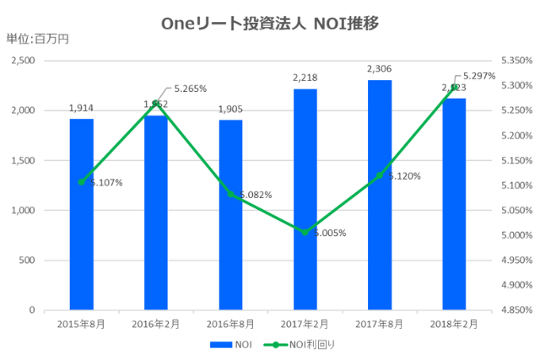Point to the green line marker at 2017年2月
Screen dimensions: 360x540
[305, 232]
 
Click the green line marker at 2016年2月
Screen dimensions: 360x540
[156, 103]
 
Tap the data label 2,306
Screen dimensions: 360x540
[380, 69]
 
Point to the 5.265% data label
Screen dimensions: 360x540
[190, 89]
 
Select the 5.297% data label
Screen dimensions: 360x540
[480, 76]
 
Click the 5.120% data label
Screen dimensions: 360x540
[404, 176]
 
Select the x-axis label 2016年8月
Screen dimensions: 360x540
[230, 323]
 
